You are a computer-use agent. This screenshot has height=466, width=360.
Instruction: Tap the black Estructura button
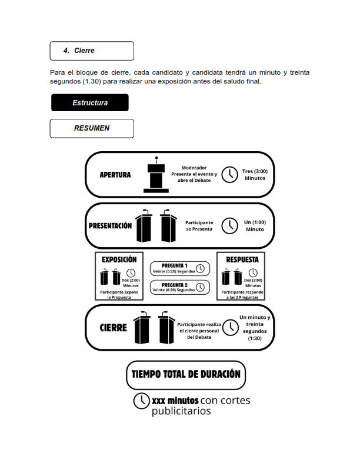click(89, 102)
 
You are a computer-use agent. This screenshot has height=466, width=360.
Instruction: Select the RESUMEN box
click(92, 128)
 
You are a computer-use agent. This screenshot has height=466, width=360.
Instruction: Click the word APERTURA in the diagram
click(115, 175)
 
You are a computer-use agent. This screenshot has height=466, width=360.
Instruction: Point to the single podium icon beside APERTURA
click(156, 175)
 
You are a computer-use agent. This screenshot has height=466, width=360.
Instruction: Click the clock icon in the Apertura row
click(229, 175)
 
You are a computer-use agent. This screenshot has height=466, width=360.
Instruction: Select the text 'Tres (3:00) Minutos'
click(255, 175)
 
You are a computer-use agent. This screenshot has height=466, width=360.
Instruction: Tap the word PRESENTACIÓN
click(110, 226)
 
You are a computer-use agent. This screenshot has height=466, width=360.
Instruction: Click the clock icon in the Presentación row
click(229, 226)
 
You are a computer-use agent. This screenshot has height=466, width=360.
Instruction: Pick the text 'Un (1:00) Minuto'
click(255, 226)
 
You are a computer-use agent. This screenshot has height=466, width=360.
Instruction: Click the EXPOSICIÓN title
click(119, 259)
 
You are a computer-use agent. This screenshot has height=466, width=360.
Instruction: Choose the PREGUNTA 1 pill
click(179, 268)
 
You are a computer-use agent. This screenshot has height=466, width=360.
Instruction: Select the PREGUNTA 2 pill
click(179, 287)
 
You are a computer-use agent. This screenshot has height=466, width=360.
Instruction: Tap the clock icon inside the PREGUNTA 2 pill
click(201, 288)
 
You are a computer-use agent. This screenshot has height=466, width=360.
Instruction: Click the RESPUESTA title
click(242, 259)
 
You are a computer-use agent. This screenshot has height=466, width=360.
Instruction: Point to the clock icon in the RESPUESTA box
click(254, 272)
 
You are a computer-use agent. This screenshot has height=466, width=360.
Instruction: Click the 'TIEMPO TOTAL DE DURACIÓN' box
click(186, 375)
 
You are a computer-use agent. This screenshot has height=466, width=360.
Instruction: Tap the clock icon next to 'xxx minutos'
click(141, 400)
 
